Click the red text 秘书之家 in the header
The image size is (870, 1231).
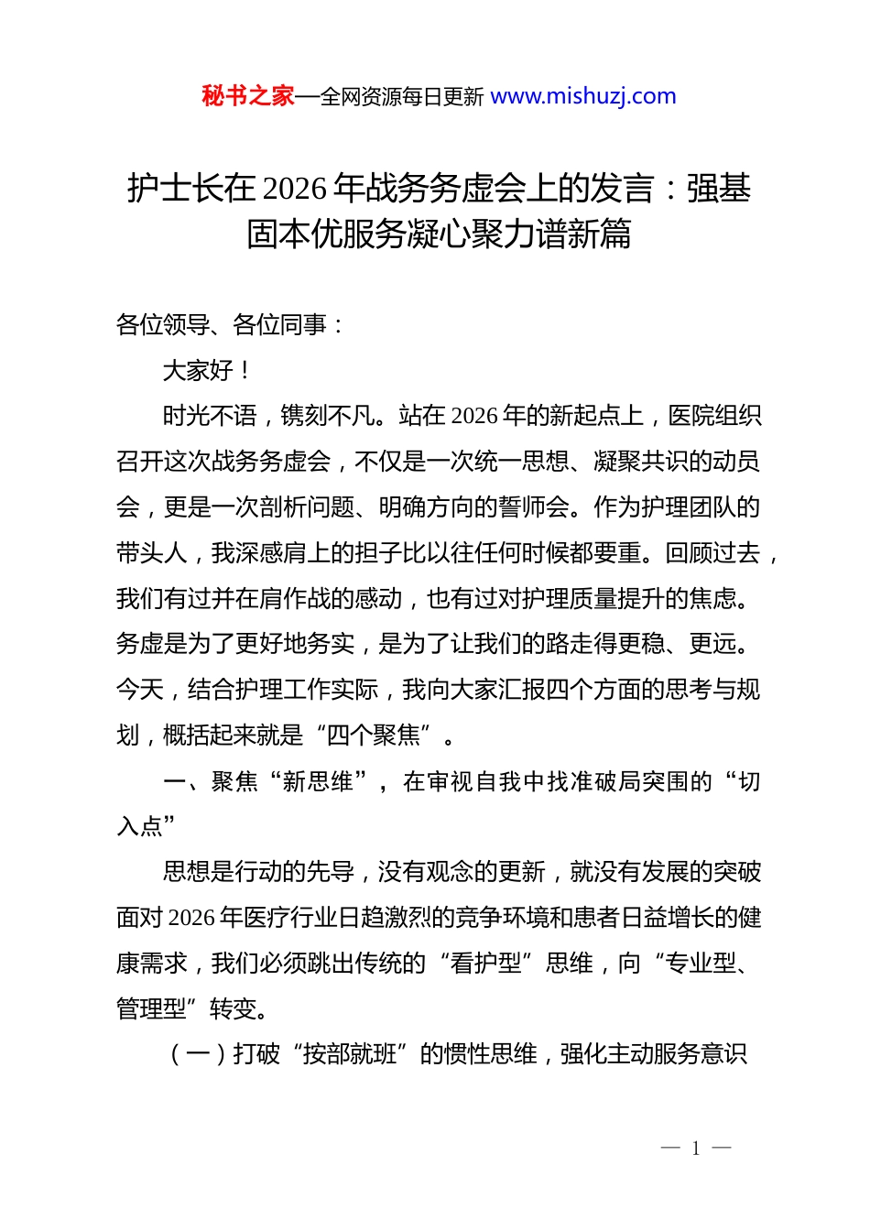tap(248, 96)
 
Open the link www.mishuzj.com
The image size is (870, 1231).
tap(583, 96)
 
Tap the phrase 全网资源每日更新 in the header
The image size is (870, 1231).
tap(401, 97)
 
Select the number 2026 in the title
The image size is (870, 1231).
tap(294, 189)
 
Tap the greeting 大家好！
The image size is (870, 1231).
tap(206, 371)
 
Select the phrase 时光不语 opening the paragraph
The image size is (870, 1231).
tap(210, 417)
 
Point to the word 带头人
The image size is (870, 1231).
tap(152, 553)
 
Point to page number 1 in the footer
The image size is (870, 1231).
tap(696, 1149)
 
